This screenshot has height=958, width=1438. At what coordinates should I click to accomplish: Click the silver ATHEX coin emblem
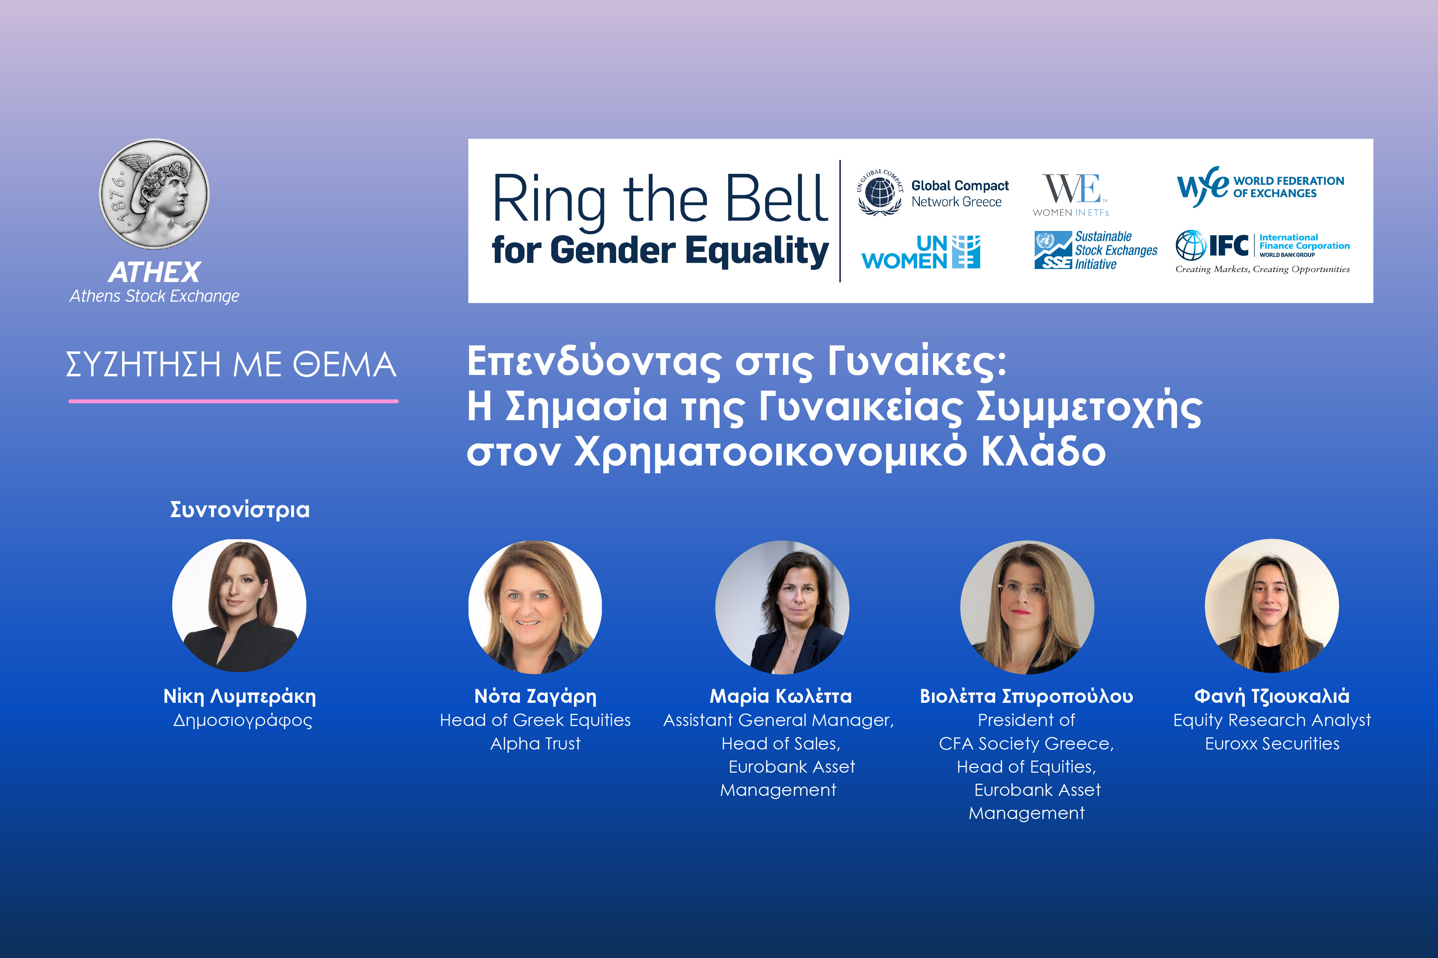155,194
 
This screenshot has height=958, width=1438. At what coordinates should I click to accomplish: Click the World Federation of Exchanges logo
1260,187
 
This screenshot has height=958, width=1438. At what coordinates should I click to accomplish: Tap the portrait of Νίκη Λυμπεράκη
239,606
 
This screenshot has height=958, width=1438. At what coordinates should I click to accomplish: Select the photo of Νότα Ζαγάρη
535,607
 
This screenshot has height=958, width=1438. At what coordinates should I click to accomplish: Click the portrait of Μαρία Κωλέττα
782,607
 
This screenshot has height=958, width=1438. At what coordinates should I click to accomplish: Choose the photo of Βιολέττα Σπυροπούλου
1027,607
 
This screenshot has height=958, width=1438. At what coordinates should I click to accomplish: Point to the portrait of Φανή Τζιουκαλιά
1272,606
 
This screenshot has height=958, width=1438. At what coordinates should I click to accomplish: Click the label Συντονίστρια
240,510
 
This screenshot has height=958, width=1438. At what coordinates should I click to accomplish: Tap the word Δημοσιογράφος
242,721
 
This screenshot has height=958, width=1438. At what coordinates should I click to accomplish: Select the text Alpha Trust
535,743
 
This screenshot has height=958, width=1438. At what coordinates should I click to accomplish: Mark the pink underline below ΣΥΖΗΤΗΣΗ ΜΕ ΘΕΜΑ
234,401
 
